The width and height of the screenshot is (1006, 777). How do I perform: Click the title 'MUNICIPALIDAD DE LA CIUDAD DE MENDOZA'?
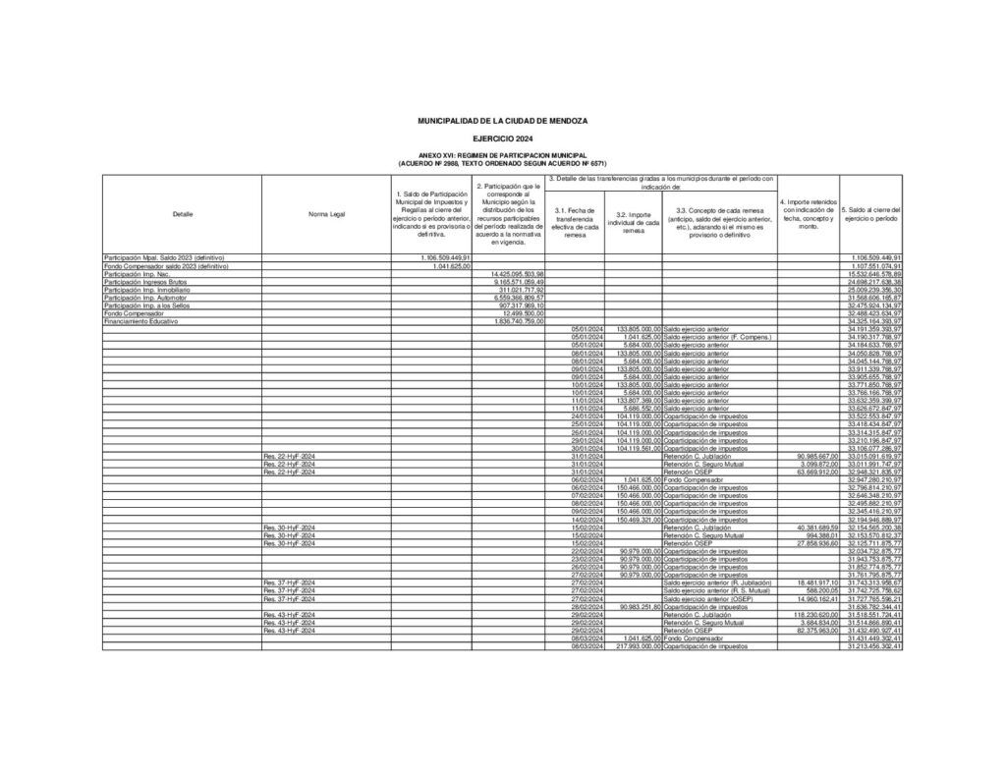click(502, 120)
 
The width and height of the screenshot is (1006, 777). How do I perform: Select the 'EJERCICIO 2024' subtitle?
click(502, 139)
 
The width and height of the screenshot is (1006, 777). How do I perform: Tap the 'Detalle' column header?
click(182, 213)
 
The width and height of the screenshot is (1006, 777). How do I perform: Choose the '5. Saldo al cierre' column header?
click(871, 213)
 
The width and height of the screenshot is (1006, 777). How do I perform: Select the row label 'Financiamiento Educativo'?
click(142, 321)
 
